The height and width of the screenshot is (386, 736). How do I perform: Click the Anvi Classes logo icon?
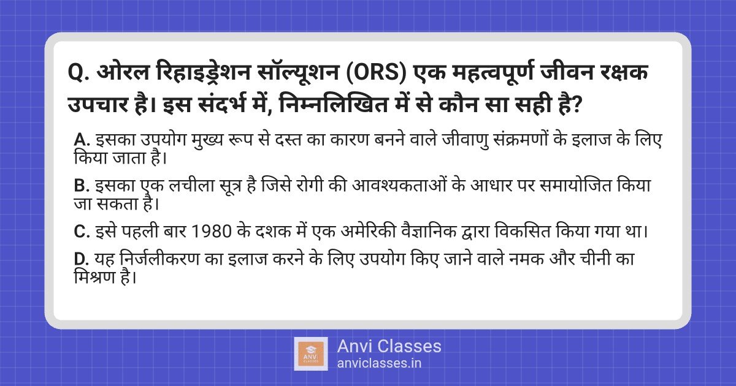[x=310, y=354]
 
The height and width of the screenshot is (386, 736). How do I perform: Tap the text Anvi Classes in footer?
[x=389, y=346]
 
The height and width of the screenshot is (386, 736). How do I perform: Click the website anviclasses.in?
[x=379, y=363]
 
